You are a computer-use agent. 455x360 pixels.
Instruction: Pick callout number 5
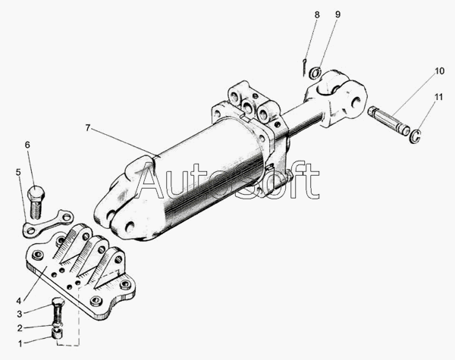point(18,172)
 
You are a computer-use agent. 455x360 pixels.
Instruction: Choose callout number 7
point(88,128)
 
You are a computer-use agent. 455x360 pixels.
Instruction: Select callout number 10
point(439,72)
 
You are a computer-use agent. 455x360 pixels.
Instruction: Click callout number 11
point(439,97)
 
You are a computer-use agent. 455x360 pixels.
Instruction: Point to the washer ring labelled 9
point(315,73)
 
